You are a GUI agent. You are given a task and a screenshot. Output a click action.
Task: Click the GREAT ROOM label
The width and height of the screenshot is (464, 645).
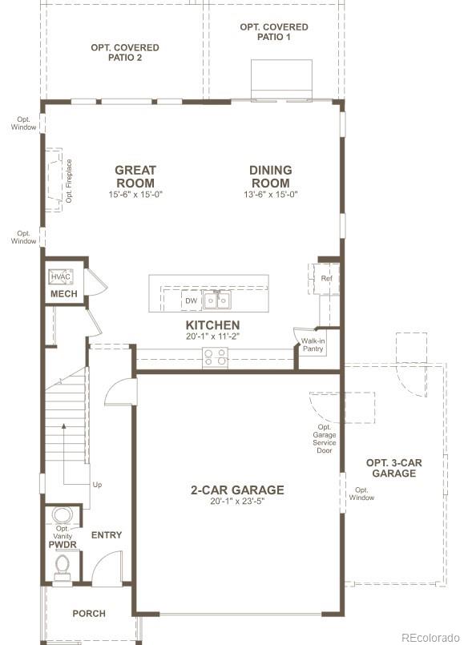[x=135, y=176]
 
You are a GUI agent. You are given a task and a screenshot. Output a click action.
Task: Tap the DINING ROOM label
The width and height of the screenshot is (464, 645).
[x=270, y=176]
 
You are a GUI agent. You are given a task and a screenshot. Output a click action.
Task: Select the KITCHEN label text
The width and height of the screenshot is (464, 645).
[x=212, y=325]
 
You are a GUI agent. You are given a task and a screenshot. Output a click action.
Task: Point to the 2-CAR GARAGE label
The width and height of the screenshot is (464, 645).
[x=236, y=490]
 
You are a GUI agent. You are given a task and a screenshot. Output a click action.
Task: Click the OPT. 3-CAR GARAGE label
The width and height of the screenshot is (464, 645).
[x=393, y=468]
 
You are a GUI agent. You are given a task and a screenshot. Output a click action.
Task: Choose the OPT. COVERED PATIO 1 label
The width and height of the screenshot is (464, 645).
[x=273, y=32]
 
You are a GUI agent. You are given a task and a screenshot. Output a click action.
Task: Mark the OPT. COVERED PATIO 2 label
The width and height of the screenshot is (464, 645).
[x=124, y=53]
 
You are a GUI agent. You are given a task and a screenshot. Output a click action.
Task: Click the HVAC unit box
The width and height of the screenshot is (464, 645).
[x=61, y=277]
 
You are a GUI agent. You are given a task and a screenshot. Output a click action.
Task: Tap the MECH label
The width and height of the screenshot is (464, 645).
[x=64, y=294]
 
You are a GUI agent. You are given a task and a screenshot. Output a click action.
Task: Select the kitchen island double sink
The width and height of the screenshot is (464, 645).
[x=216, y=300]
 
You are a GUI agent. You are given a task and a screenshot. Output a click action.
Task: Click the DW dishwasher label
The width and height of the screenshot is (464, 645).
[x=191, y=301]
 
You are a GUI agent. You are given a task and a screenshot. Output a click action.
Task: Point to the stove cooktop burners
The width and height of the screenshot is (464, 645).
[x=215, y=357]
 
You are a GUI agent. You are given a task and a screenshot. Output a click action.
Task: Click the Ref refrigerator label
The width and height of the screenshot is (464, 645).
[x=326, y=279]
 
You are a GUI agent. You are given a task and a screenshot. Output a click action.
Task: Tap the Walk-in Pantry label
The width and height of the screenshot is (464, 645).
[x=313, y=345]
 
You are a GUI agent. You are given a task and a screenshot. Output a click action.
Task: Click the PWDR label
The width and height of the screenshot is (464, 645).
[x=62, y=545]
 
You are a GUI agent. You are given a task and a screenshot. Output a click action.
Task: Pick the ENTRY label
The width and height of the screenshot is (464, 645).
[x=107, y=535]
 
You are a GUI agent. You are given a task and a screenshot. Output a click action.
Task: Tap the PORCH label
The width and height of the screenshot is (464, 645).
[x=89, y=614]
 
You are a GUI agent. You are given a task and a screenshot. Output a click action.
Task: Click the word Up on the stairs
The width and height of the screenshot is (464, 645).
[x=97, y=485]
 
